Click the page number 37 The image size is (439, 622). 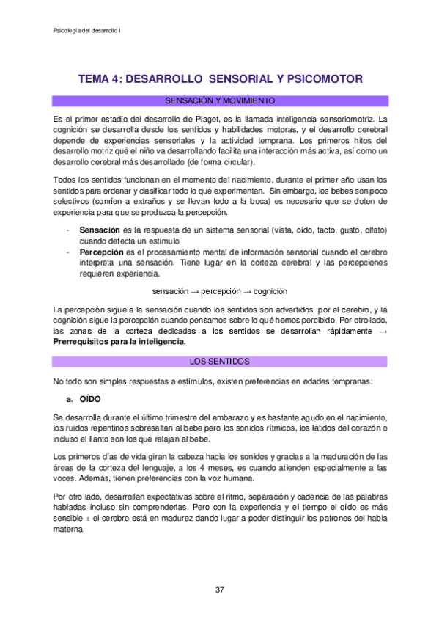click(219, 590)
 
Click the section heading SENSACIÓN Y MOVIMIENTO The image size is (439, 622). click(220, 100)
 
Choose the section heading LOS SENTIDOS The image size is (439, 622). click(220, 362)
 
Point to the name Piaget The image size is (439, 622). click(262, 119)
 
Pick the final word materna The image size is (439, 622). click(71, 523)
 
